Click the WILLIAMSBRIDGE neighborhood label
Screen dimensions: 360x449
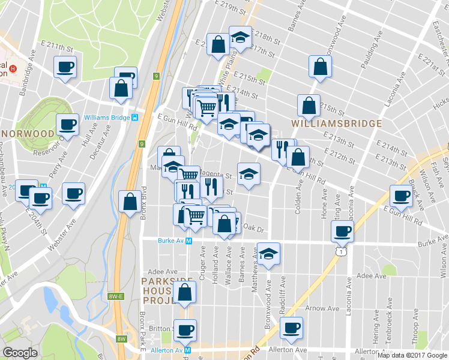[337, 124]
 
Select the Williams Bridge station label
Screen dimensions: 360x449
[107, 117]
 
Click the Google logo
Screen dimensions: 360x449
[20, 353]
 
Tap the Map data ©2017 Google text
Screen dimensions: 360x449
[412, 355]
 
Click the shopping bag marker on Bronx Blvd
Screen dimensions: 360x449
[130, 202]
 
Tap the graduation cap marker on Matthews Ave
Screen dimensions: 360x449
[268, 253]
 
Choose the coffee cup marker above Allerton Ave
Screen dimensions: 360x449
[292, 328]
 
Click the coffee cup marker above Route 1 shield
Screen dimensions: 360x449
[343, 230]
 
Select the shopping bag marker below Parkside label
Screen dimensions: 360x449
[185, 293]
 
